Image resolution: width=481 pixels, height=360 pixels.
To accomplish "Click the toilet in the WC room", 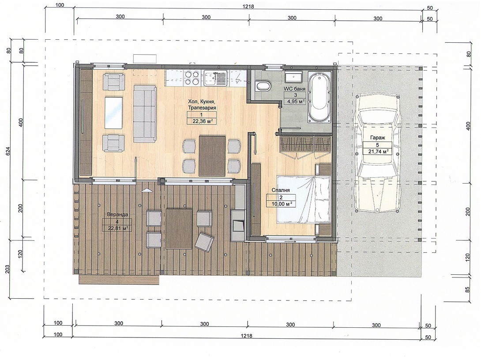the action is [x=263, y=86].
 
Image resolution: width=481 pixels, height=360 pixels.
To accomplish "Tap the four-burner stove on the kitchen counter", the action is [x=192, y=78].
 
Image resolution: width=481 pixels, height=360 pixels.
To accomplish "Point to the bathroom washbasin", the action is [x=293, y=78].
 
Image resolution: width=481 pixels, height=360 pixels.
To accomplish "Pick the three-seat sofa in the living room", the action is [x=144, y=113].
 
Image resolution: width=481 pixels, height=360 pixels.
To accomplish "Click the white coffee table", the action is [x=113, y=113].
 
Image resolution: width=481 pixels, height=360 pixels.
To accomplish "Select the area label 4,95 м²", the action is [x=295, y=101].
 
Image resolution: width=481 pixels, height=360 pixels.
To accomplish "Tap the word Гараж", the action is [x=375, y=138].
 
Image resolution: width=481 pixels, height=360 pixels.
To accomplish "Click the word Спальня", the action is [x=281, y=190].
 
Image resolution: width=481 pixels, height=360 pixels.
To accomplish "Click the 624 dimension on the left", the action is [x=8, y=152].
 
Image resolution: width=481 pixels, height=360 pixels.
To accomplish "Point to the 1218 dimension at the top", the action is [x=248, y=7].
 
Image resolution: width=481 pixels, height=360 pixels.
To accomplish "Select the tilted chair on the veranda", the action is [x=204, y=242].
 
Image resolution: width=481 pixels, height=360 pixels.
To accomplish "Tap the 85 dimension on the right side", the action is [x=468, y=289].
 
